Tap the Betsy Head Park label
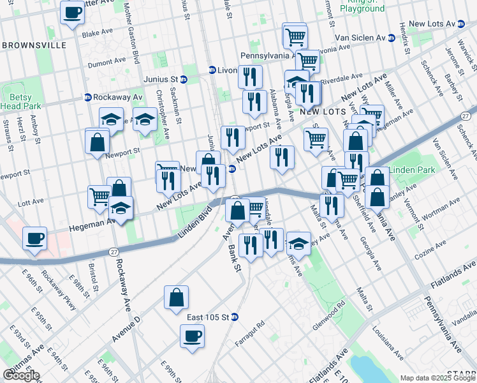pos(20,101)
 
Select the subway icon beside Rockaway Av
pos(88,98)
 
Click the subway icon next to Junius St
pos(184,80)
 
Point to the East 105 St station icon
pos(235,317)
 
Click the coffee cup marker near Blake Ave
pos(72,12)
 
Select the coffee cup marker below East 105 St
pos(192,337)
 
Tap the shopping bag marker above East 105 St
pos(176,297)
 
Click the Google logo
pos(22,376)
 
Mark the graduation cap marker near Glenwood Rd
pos(298,244)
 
